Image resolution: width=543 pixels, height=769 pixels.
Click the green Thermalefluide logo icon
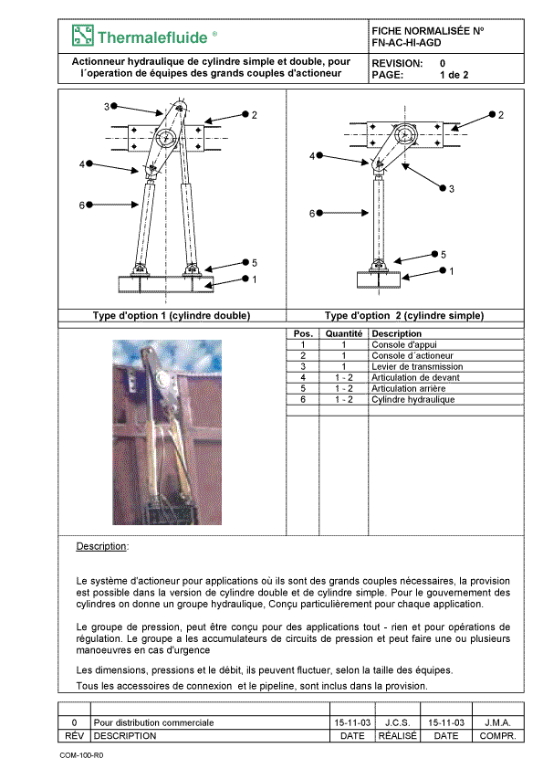click(x=82, y=36)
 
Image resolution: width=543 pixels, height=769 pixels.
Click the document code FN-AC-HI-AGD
click(x=406, y=43)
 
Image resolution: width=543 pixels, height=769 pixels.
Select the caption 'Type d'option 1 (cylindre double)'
click(x=172, y=315)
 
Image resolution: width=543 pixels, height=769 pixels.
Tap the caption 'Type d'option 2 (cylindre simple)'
click(x=404, y=315)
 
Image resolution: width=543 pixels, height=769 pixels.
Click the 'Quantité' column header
click(x=344, y=333)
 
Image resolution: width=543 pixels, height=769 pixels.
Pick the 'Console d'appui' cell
click(x=403, y=344)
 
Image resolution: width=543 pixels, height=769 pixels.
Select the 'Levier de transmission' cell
click(x=417, y=366)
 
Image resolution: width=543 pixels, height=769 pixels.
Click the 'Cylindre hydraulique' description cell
click(x=413, y=399)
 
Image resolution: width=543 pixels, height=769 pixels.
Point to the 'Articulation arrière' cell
click(x=408, y=388)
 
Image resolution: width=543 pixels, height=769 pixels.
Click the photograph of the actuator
click(x=167, y=432)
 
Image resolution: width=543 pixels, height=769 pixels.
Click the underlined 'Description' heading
click(x=101, y=546)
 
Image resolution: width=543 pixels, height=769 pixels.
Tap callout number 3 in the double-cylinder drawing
click(x=107, y=107)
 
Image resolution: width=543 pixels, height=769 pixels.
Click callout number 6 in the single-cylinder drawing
click(x=312, y=214)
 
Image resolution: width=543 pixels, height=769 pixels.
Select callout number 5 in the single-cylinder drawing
click(x=444, y=255)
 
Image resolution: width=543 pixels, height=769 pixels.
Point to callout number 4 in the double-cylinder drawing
click(x=82, y=164)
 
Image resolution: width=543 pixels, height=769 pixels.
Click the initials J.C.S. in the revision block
click(x=398, y=722)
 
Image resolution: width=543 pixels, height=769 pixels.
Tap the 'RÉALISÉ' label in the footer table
click(x=398, y=735)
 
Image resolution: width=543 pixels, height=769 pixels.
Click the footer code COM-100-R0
click(x=81, y=755)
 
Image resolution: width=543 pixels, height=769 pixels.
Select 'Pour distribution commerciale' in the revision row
click(x=153, y=722)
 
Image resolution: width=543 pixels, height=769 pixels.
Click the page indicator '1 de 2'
click(x=454, y=75)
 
